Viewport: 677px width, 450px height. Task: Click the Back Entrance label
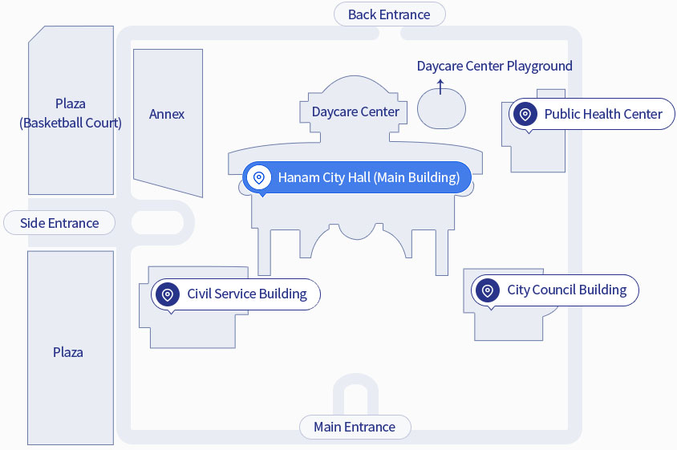pos(389,14)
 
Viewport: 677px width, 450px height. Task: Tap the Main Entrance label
pos(355,427)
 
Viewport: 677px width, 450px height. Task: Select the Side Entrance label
pos(59,223)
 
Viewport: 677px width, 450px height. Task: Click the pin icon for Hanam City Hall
pos(259,177)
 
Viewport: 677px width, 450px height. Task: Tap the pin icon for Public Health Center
pos(525,114)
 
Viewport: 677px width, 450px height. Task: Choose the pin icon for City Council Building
pos(488,290)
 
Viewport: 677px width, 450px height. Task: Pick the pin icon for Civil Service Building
pos(168,294)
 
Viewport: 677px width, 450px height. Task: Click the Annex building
pos(167,136)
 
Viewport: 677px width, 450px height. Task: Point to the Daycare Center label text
pos(355,111)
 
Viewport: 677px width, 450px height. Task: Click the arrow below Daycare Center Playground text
pos(440,85)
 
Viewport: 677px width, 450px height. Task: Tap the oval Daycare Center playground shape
pos(442,108)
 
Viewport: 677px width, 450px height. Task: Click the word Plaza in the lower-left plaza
pos(68,352)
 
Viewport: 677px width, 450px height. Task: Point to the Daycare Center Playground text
pos(494,66)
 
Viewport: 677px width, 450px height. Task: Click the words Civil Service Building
pos(247,294)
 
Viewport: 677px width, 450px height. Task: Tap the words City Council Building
pos(567,290)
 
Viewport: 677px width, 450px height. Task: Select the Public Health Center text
pos(603,114)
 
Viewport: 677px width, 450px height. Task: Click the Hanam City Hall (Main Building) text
pos(369,177)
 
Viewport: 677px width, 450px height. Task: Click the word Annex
pos(167,114)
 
